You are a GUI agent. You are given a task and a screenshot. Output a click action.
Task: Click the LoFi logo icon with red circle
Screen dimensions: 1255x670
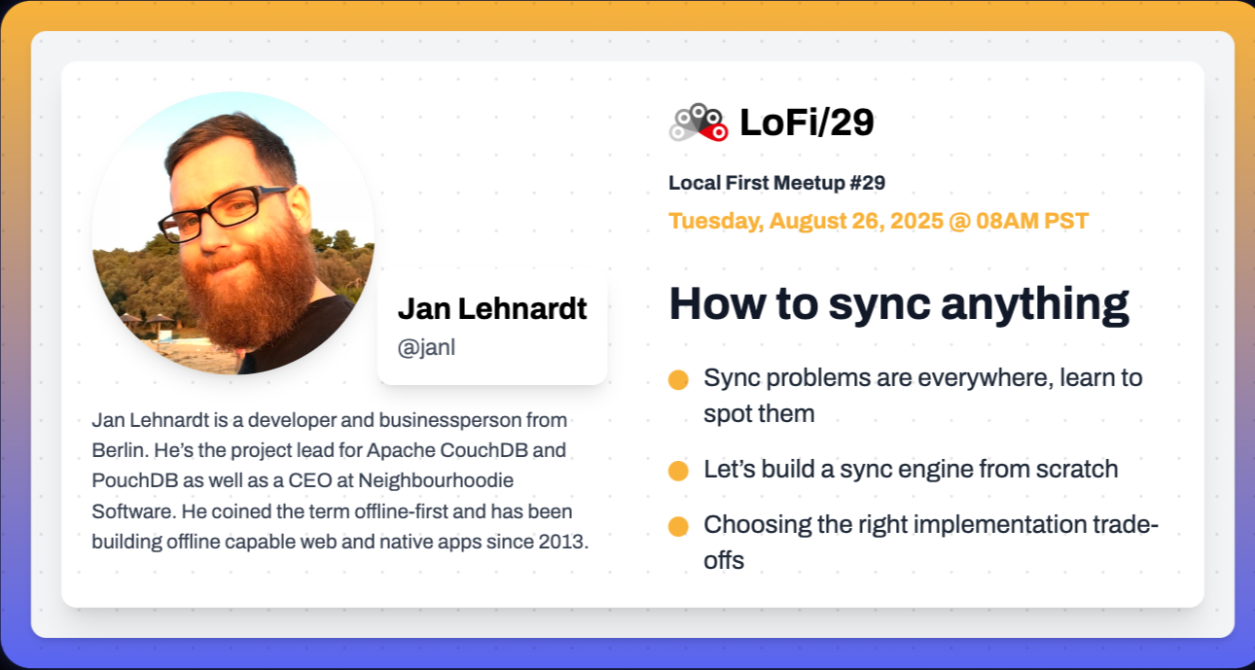699,123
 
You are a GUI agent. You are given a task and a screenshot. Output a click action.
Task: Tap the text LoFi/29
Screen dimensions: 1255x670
807,123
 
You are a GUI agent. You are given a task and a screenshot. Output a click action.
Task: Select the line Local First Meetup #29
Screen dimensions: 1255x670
776,183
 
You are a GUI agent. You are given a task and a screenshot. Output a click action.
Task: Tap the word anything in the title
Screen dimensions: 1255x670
1035,304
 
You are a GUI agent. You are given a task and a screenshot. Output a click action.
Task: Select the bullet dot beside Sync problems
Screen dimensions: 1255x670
678,380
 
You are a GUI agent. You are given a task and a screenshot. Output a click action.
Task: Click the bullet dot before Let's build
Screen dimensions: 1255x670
678,471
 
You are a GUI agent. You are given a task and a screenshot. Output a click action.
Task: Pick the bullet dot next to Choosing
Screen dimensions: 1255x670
678,527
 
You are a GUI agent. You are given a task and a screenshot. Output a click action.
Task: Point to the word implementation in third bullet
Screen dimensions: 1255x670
999,525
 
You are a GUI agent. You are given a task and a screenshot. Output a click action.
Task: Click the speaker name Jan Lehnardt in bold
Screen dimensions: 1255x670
492,308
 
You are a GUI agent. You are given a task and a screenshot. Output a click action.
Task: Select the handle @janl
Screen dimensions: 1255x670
426,347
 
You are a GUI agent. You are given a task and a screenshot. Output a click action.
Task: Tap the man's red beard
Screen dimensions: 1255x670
252,286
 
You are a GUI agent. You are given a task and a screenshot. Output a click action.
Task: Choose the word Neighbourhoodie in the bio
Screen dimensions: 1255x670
436,480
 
